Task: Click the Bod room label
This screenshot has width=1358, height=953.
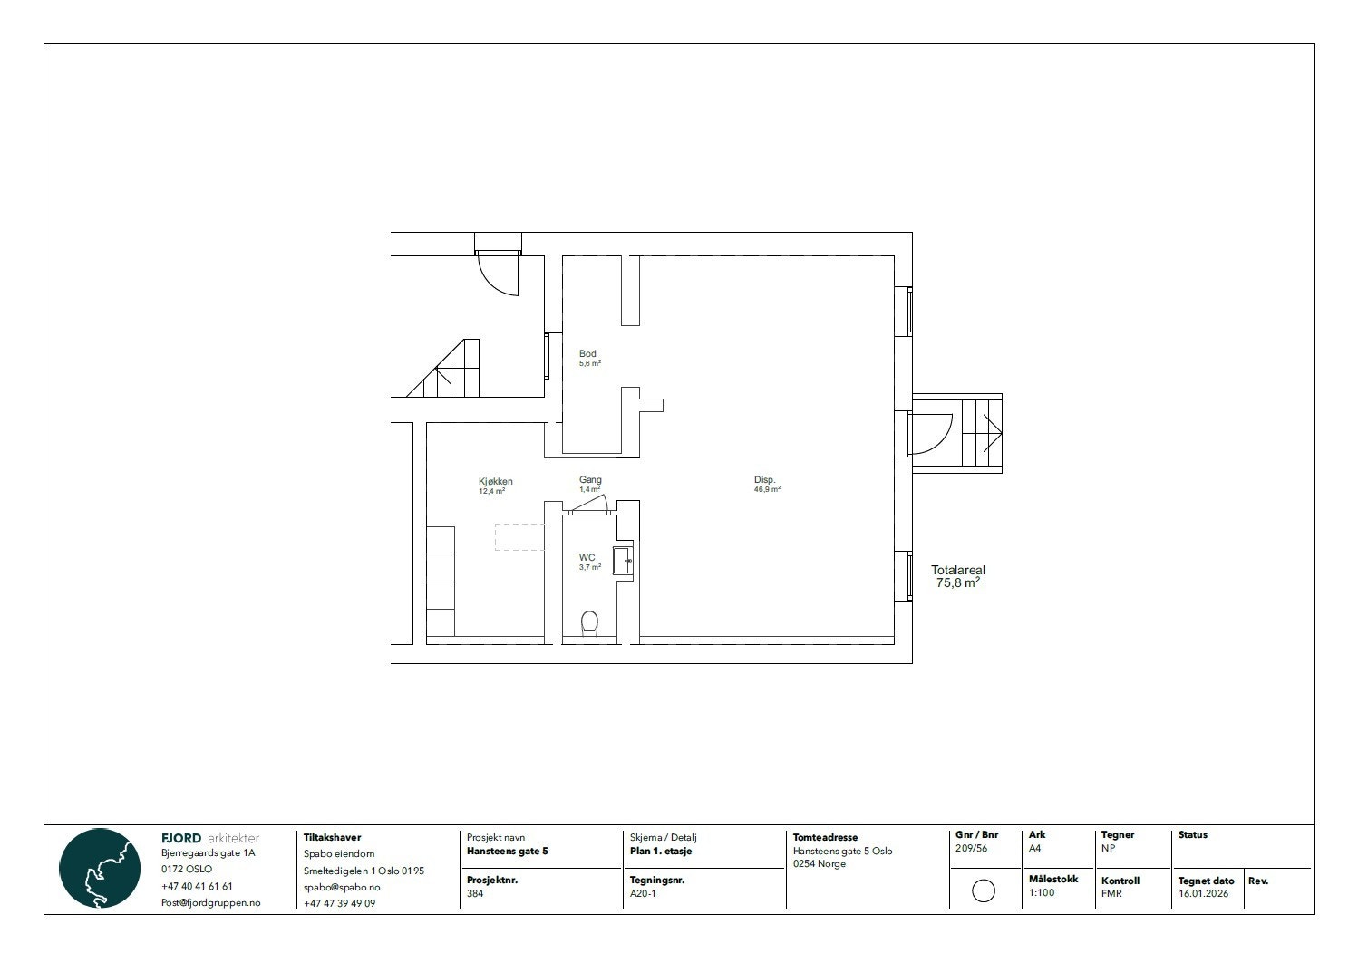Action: click(587, 354)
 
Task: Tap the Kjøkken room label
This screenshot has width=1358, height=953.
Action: click(495, 482)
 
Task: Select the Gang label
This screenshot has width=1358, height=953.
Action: click(590, 480)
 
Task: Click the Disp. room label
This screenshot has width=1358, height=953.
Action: click(764, 480)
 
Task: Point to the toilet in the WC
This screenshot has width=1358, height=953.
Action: click(589, 622)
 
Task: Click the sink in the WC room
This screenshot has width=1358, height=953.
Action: click(623, 561)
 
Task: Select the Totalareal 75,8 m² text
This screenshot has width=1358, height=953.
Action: click(957, 577)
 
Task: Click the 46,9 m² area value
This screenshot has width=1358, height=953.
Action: click(767, 489)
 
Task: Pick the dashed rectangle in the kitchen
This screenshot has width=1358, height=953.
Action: click(519, 536)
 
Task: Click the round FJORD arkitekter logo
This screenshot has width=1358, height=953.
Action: click(100, 868)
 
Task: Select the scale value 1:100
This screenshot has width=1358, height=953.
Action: click(1042, 893)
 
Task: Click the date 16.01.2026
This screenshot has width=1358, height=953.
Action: click(1203, 893)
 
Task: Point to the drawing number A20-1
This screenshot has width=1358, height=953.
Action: click(643, 893)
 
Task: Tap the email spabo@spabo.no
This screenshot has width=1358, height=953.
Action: click(342, 887)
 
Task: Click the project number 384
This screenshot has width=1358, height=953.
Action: click(475, 893)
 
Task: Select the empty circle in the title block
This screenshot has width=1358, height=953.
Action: click(983, 890)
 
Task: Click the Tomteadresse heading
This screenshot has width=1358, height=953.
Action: click(825, 838)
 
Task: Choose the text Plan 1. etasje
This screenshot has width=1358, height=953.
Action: click(661, 852)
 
